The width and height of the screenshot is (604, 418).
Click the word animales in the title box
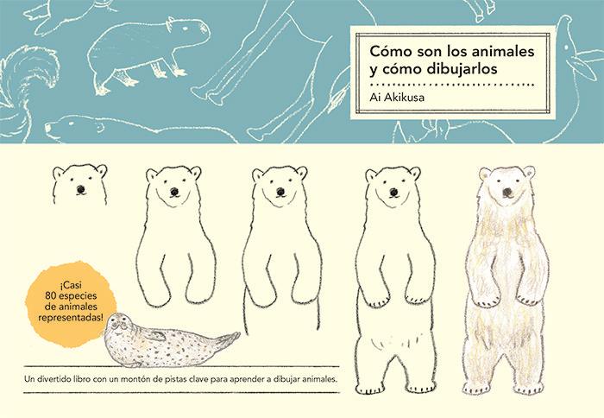[x=490, y=50]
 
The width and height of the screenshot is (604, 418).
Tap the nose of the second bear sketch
[x=175, y=191]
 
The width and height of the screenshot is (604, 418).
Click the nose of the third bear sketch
[x=279, y=191]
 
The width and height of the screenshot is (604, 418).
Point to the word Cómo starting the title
[x=389, y=50]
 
